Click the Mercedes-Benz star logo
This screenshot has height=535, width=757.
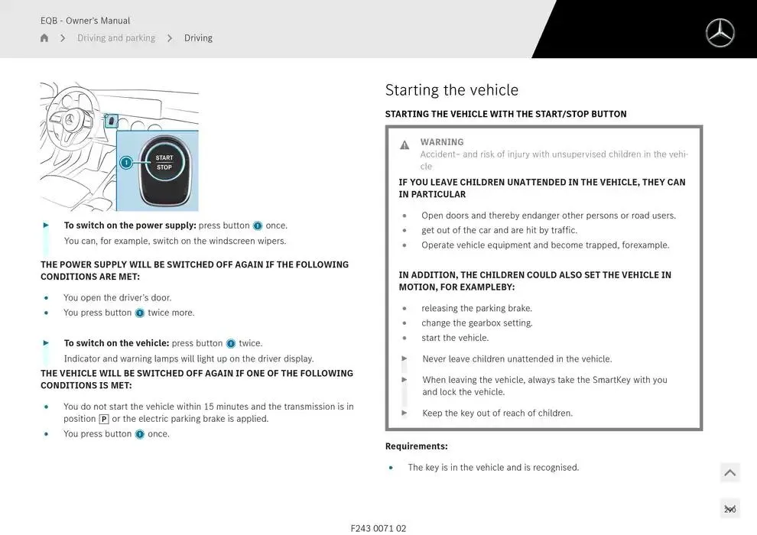point(719,33)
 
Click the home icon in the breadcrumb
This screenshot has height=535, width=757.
point(44,38)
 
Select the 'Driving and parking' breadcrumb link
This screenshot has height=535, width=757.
point(116,38)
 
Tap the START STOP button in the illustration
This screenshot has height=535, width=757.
point(164,163)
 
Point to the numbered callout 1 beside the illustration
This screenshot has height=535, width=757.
point(126,163)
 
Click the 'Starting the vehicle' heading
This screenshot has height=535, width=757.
point(451,90)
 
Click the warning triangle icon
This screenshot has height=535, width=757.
point(404,145)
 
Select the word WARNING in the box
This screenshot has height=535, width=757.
point(441,142)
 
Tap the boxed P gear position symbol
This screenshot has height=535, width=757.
point(104,419)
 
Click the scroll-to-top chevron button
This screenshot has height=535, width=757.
point(729,472)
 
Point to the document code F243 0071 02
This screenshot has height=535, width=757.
point(378,528)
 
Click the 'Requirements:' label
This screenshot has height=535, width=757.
point(416,446)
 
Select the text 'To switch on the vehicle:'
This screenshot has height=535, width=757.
point(116,343)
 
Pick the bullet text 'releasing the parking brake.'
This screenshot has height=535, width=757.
point(476,309)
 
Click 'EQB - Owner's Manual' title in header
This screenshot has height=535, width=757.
point(85,21)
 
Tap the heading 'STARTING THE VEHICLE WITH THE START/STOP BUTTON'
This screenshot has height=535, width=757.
point(505,114)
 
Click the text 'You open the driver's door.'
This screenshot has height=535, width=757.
point(117,298)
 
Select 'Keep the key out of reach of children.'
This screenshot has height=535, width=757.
point(497,413)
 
